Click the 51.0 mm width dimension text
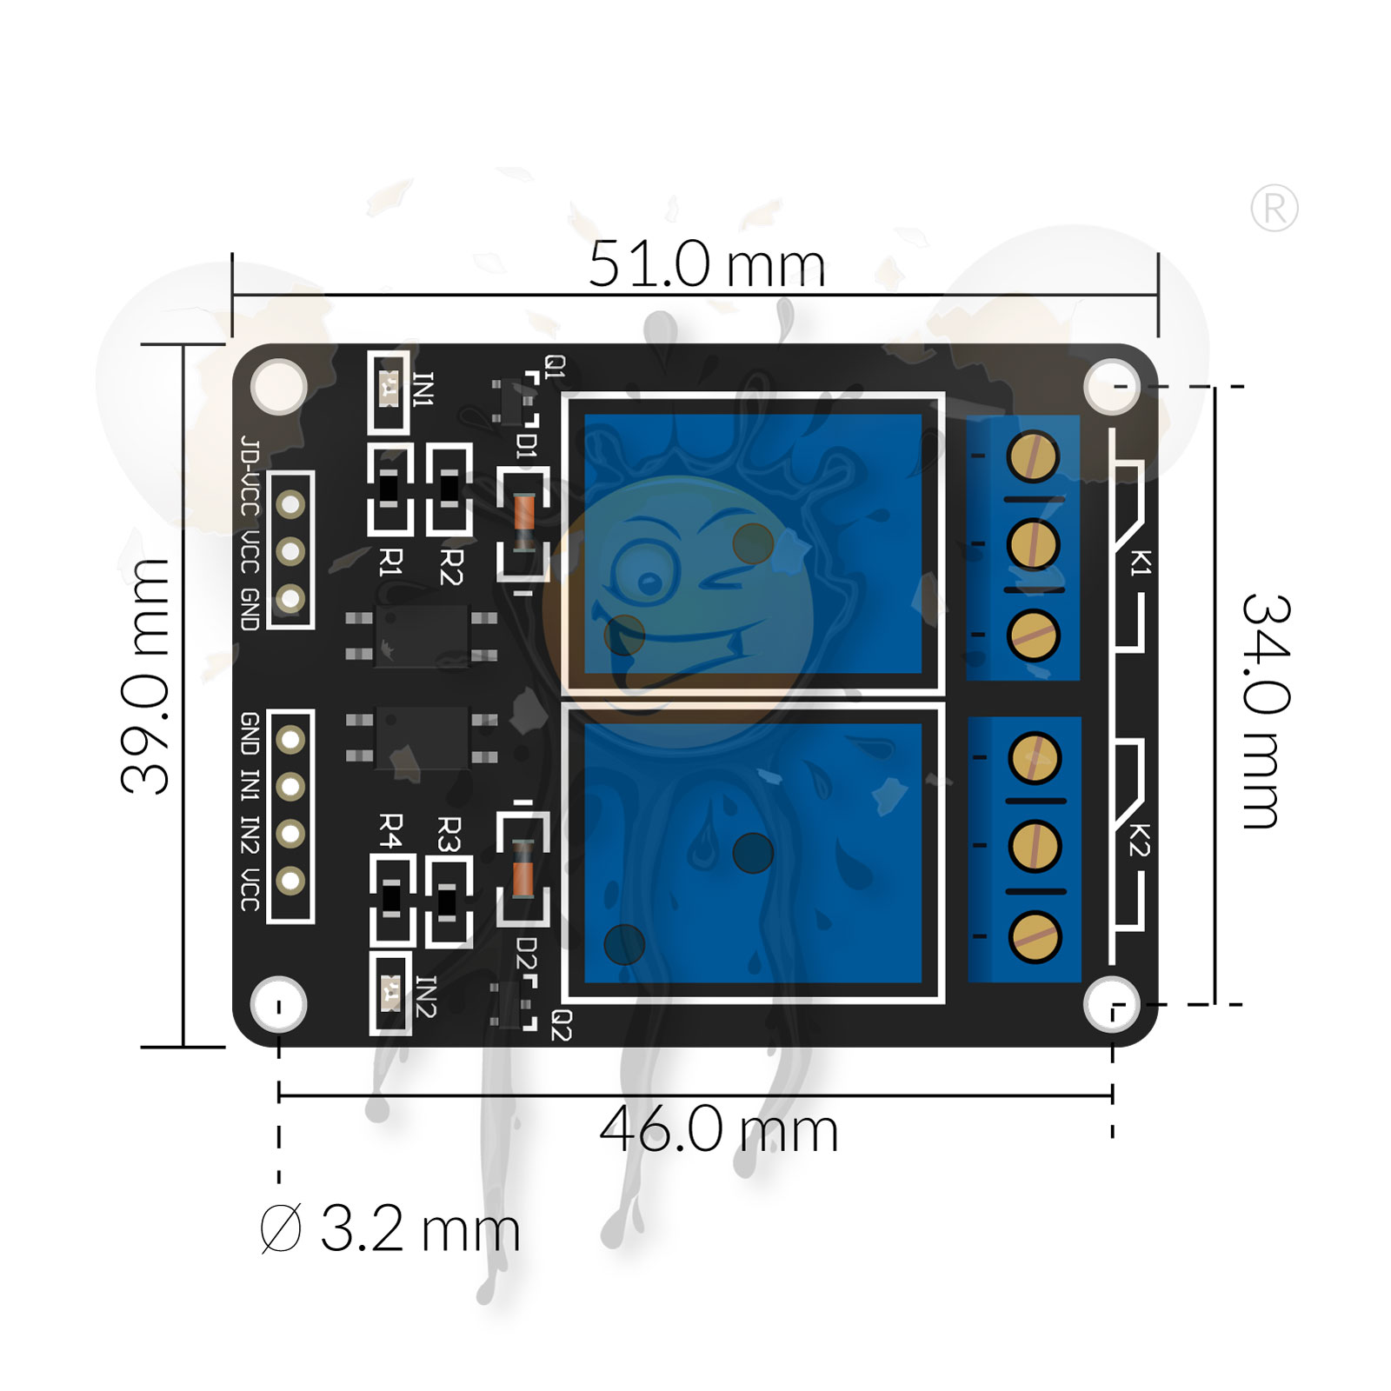click(x=706, y=264)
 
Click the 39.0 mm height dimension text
click(x=146, y=676)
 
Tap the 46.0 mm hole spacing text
click(x=718, y=1130)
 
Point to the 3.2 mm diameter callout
click(x=391, y=1228)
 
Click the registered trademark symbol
click(x=1274, y=209)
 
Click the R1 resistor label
click(x=391, y=562)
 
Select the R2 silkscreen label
click(x=450, y=566)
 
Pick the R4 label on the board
click(x=391, y=831)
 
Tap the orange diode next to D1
click(x=523, y=522)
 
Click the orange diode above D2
click(x=522, y=869)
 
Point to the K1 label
click(x=1140, y=562)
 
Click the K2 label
click(x=1140, y=838)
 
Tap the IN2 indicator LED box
click(x=391, y=992)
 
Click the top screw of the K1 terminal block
click(x=1033, y=456)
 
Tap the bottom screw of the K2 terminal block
click(x=1035, y=937)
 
